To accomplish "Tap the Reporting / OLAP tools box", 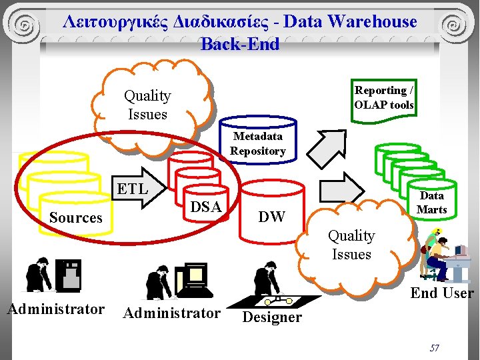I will pos(384,97).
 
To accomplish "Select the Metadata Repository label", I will pos(257,143).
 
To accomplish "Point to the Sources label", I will pos(75,218).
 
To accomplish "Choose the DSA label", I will pos(205,207).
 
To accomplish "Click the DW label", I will pos(271,217).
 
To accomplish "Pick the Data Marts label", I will pos(431,202).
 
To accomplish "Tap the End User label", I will pos(441,293).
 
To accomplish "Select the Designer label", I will pos(271,317).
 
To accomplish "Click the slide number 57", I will pos(434,348).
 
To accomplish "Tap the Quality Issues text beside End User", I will pos(351,245).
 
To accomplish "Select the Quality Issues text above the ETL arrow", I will pos(147,105).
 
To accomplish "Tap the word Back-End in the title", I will pos(240,44).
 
